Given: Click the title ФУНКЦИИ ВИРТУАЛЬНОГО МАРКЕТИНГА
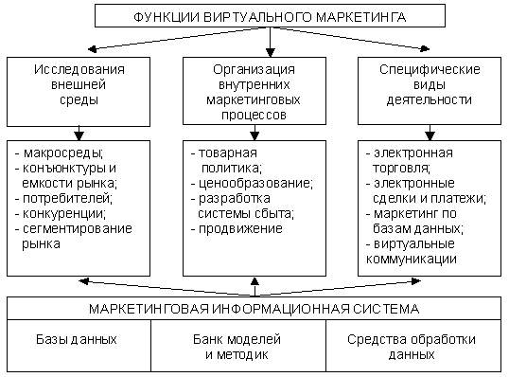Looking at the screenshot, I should point(270,15).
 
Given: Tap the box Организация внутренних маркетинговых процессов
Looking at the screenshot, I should point(253,91).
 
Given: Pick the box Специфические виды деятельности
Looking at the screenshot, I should point(429,91).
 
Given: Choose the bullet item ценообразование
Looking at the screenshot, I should point(249,183).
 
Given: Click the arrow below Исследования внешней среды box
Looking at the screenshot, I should point(79,134).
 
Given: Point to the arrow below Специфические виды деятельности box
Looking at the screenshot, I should point(427,134).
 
